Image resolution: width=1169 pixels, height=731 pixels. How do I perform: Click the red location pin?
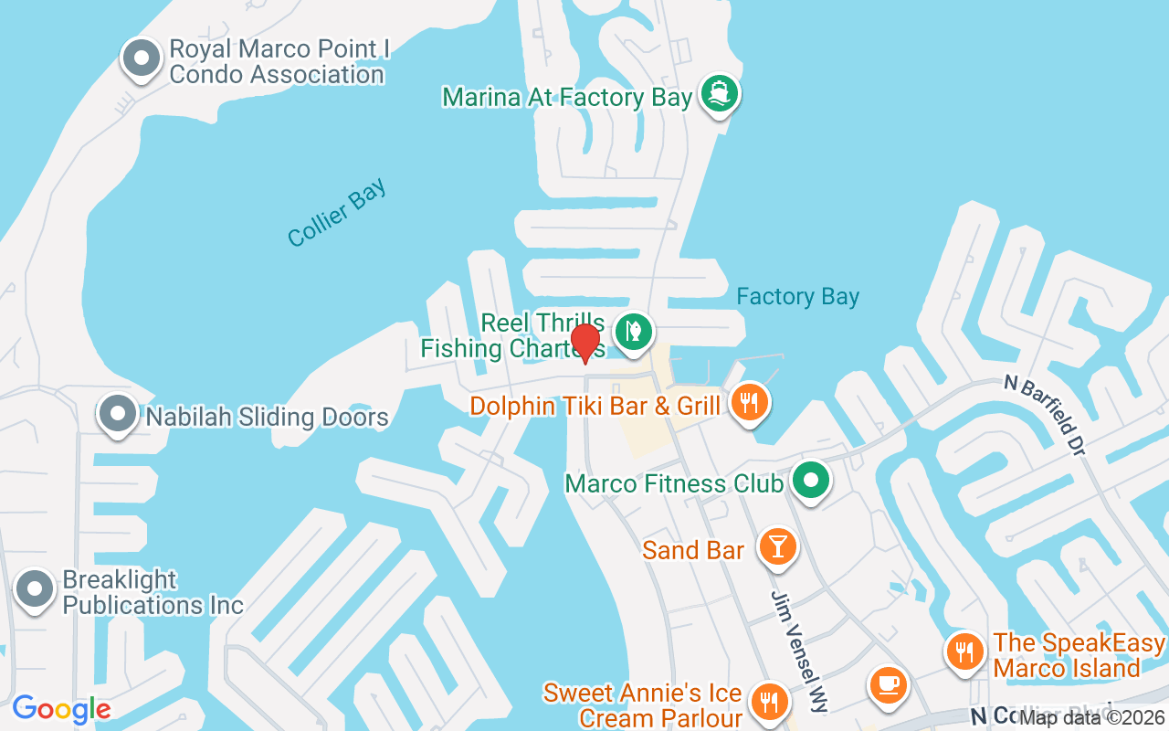pyautogui.click(x=585, y=344)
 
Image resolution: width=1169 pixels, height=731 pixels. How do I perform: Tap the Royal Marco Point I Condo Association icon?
pyautogui.click(x=142, y=58)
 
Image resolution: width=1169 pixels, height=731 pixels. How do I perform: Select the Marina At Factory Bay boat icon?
pyautogui.click(x=720, y=94)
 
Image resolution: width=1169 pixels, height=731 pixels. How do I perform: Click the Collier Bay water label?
pyautogui.click(x=337, y=213)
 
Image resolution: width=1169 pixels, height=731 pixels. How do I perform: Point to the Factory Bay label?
pyautogui.click(x=797, y=297)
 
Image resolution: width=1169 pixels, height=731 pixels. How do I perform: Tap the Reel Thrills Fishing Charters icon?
pyautogui.click(x=631, y=330)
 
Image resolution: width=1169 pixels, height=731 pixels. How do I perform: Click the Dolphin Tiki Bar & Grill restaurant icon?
pyautogui.click(x=750, y=402)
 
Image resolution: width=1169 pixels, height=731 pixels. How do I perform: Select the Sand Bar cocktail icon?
pyautogui.click(x=777, y=546)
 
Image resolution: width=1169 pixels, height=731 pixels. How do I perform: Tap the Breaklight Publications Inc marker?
pyautogui.click(x=36, y=589)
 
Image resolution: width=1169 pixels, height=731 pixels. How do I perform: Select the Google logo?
pyautogui.click(x=62, y=708)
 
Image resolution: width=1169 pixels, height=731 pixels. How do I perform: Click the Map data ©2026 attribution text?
pyautogui.click(x=1092, y=717)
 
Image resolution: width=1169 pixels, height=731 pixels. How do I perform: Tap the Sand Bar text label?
pyautogui.click(x=693, y=550)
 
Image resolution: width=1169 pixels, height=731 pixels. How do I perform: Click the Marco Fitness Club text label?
pyautogui.click(x=674, y=483)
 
